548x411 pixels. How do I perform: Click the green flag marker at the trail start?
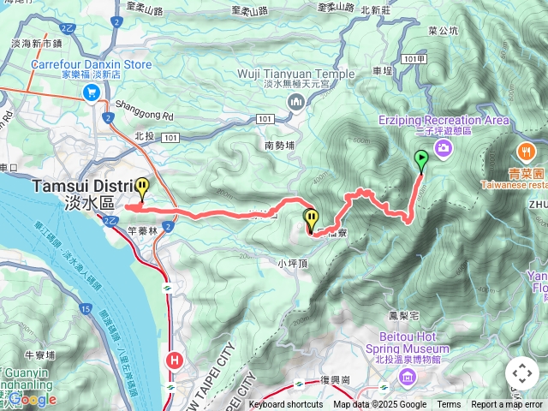[421, 159]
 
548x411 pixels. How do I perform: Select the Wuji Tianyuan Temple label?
[295, 74]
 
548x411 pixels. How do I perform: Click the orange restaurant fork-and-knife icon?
[524, 152]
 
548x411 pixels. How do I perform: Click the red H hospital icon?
[176, 360]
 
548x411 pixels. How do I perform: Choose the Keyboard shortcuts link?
[286, 405]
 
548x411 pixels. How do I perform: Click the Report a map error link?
[507, 405]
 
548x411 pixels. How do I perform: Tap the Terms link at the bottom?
[449, 405]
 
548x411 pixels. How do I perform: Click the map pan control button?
[521, 373]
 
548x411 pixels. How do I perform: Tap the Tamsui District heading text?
[81, 186]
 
